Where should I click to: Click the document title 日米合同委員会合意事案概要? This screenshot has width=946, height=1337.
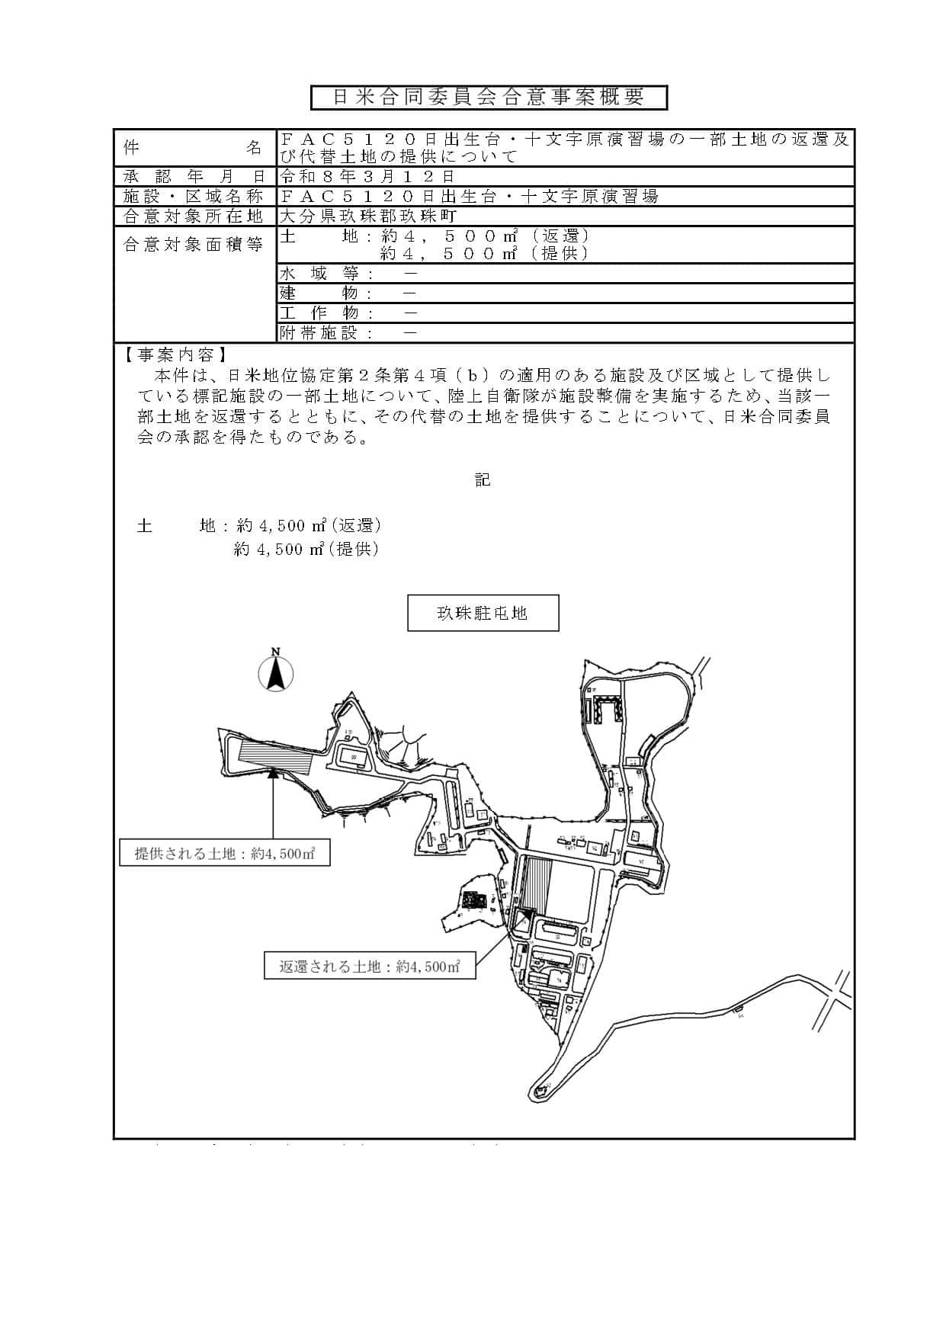click(489, 97)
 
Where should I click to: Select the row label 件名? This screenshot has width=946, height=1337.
click(194, 148)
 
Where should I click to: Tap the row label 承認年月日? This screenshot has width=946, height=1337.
click(194, 177)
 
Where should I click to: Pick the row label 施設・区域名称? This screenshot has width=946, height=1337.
click(194, 197)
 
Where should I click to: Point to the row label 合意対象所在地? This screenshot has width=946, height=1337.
click(194, 216)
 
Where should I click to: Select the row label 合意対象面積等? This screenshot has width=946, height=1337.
click(194, 245)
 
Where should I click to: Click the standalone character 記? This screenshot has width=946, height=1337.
click(483, 480)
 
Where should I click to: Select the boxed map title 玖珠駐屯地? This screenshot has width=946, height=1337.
click(483, 613)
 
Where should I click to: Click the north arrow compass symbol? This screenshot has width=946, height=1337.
click(276, 672)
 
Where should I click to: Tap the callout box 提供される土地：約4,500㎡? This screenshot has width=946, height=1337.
click(225, 854)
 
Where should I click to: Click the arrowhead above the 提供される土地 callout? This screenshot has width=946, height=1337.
click(273, 773)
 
